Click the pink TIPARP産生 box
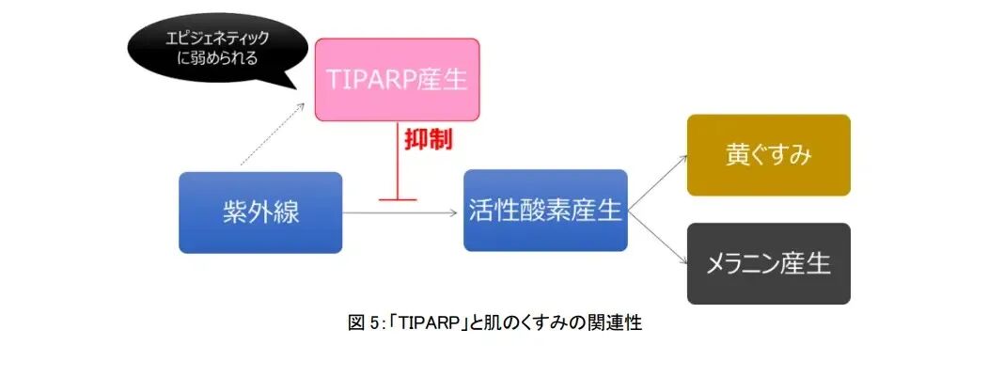point(397,80)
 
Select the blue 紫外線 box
point(260,212)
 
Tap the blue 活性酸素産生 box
point(545,211)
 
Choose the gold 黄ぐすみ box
point(768,155)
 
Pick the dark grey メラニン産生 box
point(768,263)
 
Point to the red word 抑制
point(428,140)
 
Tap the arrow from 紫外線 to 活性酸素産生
point(404,213)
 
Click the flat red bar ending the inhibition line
point(397,198)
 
